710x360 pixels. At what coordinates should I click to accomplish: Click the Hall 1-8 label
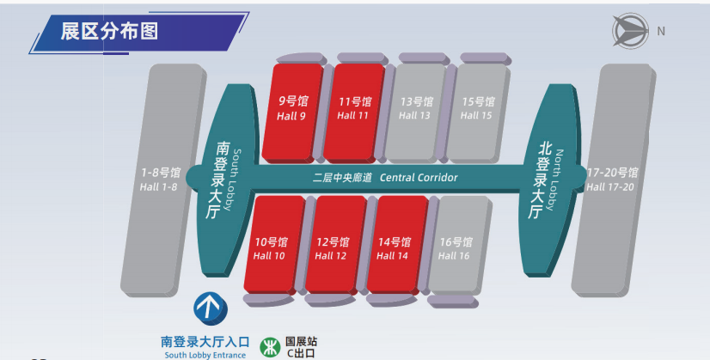pos(159,179)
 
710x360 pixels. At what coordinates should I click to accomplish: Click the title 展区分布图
pos(109,32)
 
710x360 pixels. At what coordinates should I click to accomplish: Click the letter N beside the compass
pos(660,31)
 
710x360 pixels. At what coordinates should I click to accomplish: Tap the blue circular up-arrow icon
pos(206,307)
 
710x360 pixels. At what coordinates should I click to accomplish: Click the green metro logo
pos(270,345)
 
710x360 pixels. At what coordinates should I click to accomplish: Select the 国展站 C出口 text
pos(302,345)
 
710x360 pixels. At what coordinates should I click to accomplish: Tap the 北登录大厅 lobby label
pos(544,179)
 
